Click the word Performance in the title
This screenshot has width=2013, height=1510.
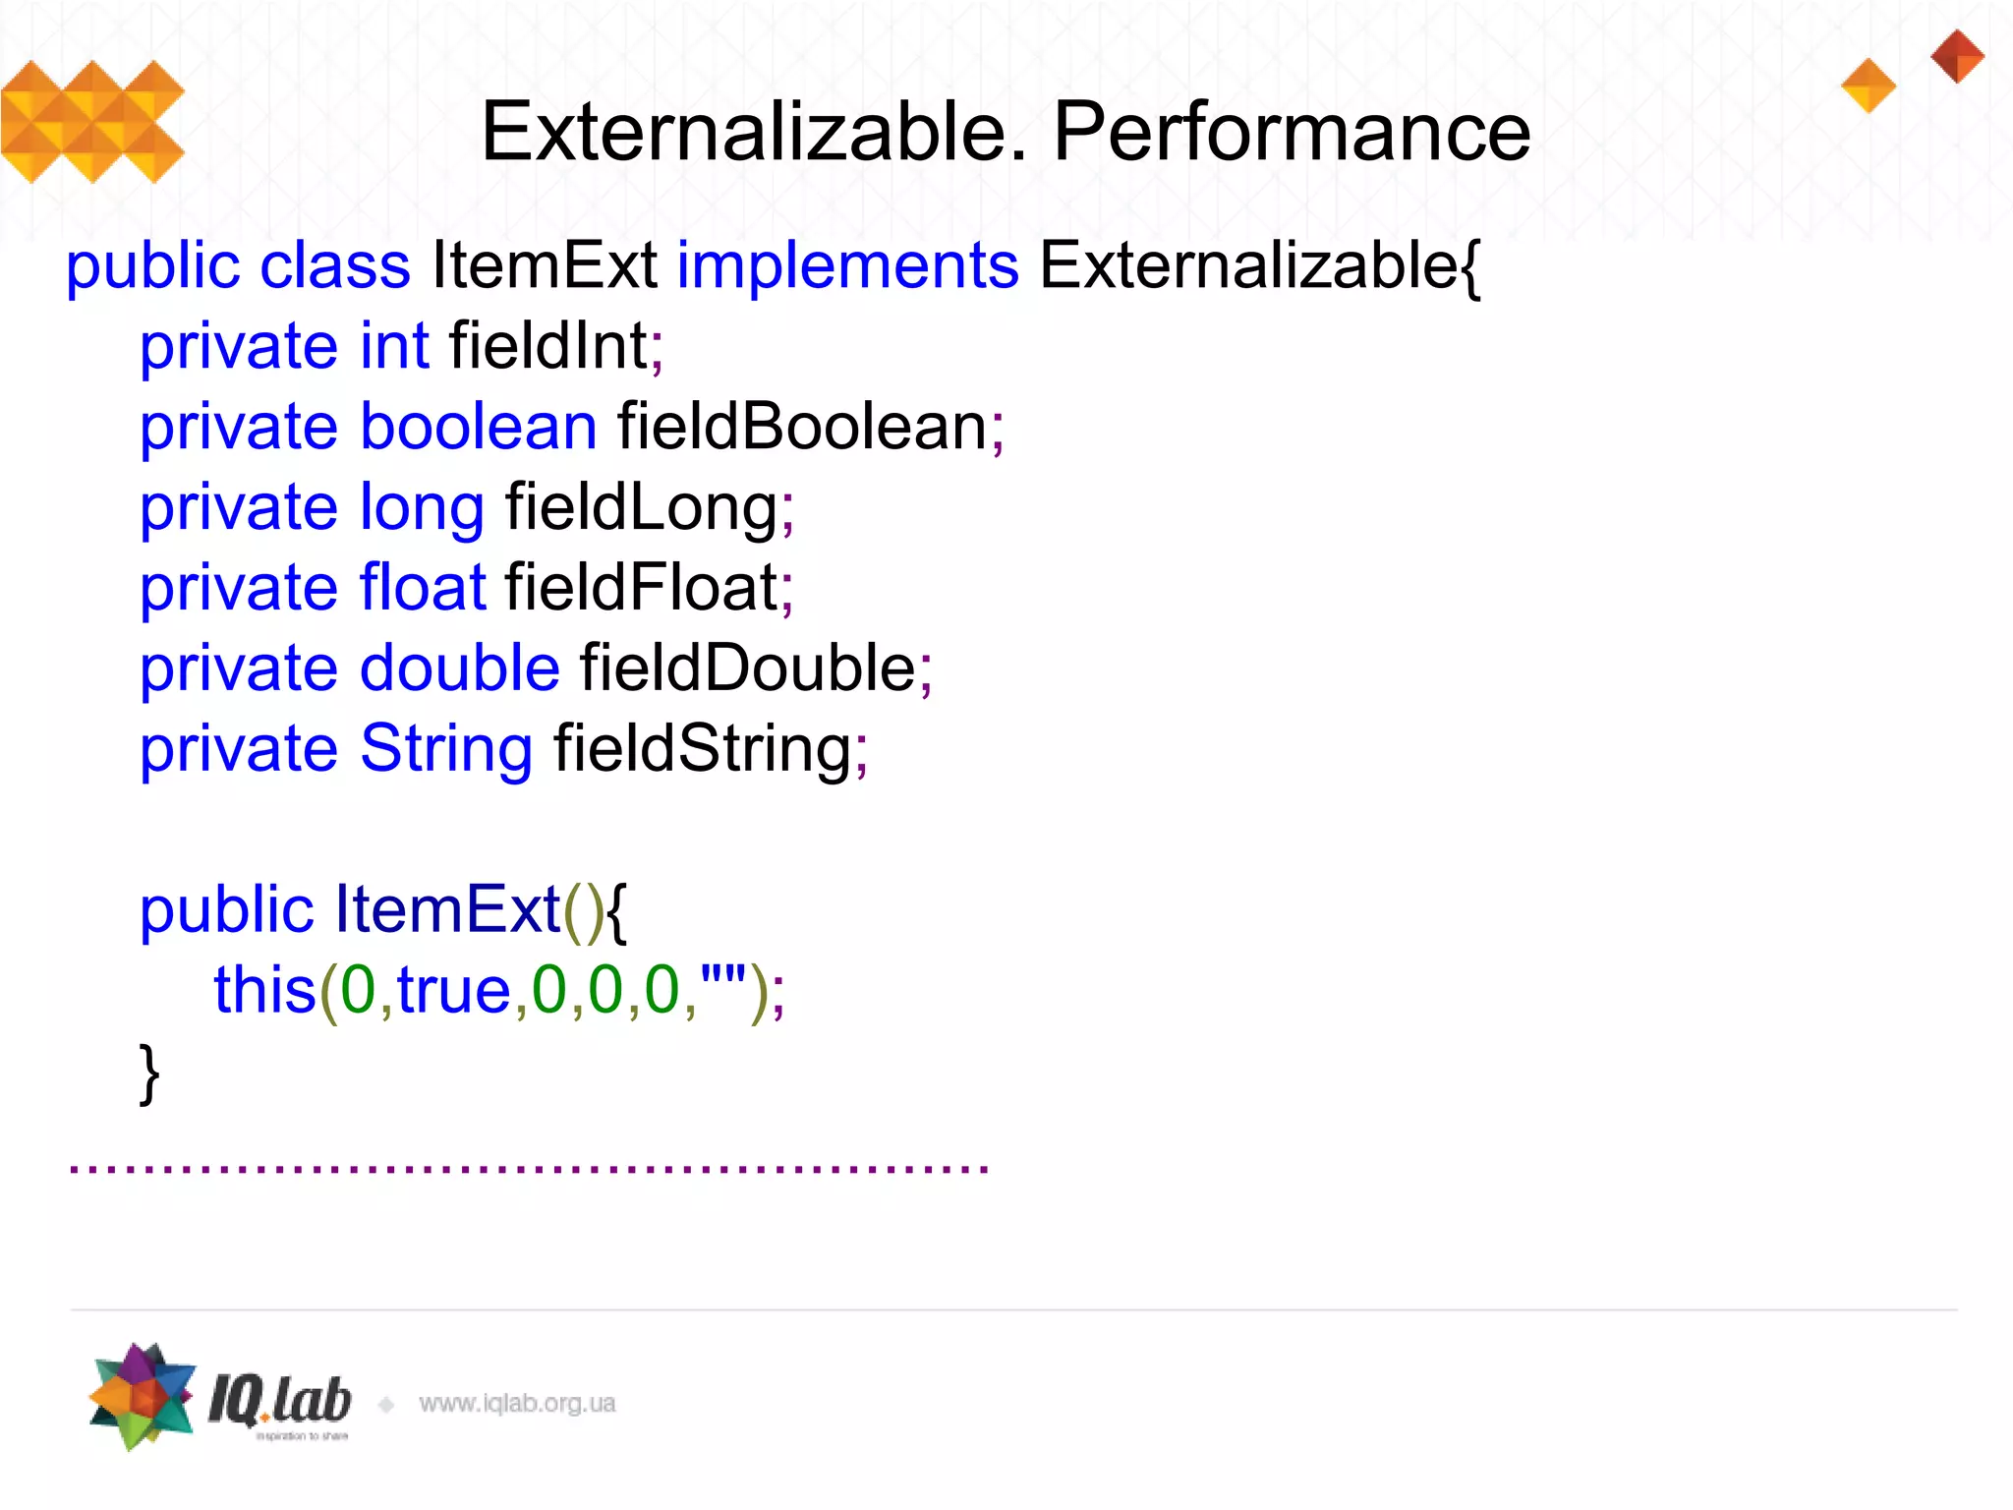coord(1292,133)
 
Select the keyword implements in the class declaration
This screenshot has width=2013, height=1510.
coord(847,267)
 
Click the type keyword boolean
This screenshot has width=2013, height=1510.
coord(479,428)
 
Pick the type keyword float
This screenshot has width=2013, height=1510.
coord(423,588)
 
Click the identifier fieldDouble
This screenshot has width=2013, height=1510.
coord(747,668)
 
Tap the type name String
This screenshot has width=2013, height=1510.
coord(446,750)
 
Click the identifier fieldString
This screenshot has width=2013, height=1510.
coord(702,750)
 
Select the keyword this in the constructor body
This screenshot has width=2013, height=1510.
coord(263,990)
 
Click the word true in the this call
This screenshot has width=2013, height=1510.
coord(453,990)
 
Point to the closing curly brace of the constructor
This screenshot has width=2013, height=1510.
coord(149,1074)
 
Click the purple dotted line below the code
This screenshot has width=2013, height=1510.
coord(529,1168)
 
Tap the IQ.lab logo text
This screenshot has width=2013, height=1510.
coord(279,1401)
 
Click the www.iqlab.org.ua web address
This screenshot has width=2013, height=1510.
coord(517,1404)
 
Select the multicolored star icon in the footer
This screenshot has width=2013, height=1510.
coord(143,1396)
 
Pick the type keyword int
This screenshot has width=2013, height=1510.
coord(394,347)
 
